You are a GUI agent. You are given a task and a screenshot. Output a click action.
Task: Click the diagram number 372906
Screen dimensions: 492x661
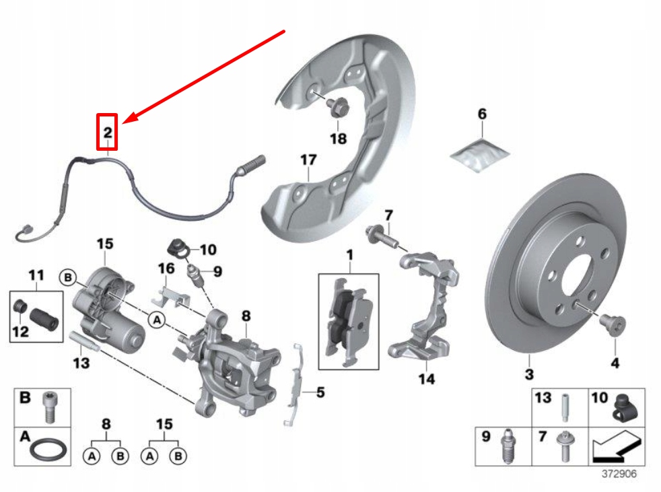619,473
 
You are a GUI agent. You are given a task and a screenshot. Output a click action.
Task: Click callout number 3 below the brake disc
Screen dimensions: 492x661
528,374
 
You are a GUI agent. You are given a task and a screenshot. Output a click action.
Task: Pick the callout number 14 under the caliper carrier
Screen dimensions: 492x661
426,379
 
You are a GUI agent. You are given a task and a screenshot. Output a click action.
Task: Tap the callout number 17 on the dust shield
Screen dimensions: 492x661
308,161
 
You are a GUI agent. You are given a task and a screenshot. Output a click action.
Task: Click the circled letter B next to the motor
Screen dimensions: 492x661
67,275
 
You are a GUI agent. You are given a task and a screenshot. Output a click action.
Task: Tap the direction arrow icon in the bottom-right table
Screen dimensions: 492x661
615,448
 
